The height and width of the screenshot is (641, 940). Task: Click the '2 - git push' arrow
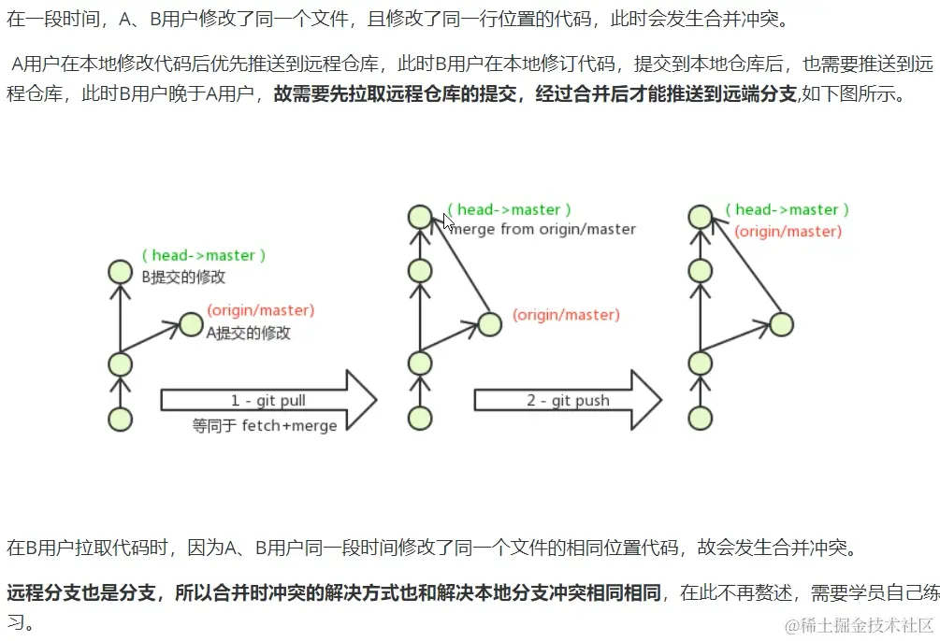[567, 401]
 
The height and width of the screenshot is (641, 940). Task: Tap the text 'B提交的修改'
[183, 277]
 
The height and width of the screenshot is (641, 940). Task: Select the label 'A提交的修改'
[248, 333]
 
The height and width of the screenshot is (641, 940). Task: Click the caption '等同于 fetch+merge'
[265, 425]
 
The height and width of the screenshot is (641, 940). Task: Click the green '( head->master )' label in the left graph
[204, 255]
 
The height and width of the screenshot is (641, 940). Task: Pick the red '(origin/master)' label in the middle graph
[566, 315]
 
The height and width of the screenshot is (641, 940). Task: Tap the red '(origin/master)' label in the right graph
[788, 232]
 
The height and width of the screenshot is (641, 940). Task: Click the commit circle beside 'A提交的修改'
[191, 324]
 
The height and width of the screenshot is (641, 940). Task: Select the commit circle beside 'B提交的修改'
[120, 272]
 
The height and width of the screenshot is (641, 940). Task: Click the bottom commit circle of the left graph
[120, 419]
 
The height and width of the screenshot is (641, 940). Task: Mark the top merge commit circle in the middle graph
[420, 217]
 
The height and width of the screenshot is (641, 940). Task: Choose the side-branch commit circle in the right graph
[781, 324]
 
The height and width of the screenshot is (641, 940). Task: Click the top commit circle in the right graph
[699, 217]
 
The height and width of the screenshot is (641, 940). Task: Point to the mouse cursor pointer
[448, 222]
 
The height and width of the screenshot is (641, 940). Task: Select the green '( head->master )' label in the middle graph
[509, 209]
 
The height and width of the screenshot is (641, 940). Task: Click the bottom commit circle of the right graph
[699, 419]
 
